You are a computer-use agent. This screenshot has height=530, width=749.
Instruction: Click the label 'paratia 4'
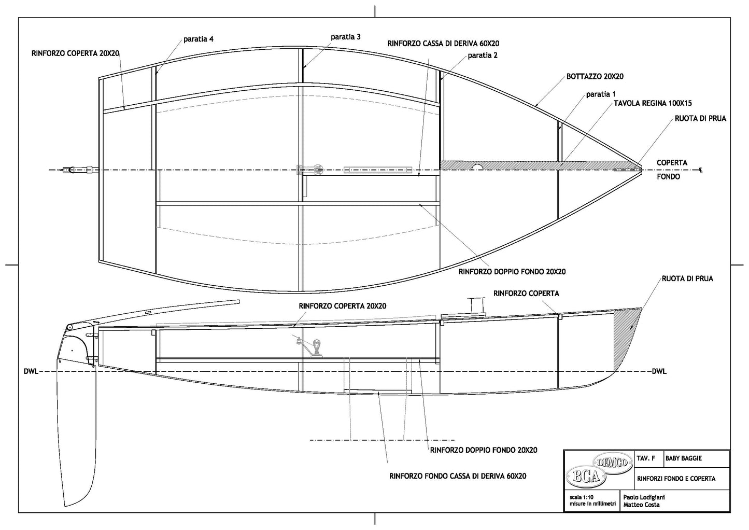tap(198, 39)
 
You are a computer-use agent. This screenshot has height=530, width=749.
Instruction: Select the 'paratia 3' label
tap(346, 37)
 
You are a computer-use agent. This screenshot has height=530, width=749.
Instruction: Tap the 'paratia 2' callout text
tap(483, 55)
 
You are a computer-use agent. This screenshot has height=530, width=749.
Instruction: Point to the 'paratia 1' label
tap(601, 94)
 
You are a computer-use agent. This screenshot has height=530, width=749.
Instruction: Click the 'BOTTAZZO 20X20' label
tap(595, 76)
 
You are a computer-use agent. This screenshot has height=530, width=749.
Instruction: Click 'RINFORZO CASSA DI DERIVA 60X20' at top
tap(443, 44)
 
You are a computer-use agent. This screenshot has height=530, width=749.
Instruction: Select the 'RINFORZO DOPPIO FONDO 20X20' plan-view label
tap(512, 271)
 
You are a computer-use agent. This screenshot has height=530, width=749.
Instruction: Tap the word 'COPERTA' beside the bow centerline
tap(672, 162)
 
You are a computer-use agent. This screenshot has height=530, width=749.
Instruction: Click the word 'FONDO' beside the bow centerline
tap(669, 176)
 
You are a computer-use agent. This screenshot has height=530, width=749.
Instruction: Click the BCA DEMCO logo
tap(599, 470)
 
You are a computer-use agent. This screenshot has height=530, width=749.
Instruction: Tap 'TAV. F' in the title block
tap(645, 458)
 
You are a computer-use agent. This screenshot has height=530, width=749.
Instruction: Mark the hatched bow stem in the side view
tap(627, 327)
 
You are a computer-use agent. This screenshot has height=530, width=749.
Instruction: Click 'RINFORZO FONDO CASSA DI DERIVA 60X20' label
tap(458, 476)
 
